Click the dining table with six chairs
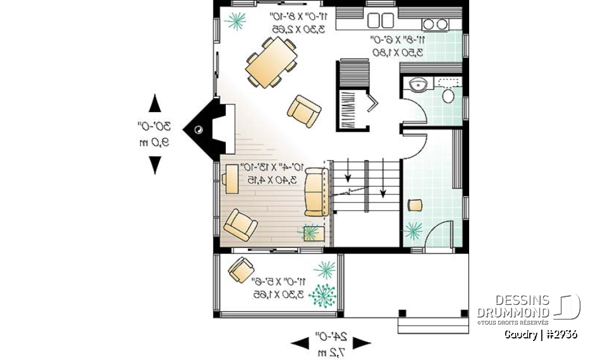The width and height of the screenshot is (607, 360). point(271,62)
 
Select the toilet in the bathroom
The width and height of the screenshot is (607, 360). point(448,96)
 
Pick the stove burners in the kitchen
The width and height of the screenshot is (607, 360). point(434,24)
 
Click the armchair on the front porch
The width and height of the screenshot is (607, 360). point(241,270)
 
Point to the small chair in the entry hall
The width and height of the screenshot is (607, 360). point(415,204)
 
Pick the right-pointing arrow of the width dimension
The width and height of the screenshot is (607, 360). point(361,343)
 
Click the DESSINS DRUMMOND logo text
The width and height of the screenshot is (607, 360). point(513,306)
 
